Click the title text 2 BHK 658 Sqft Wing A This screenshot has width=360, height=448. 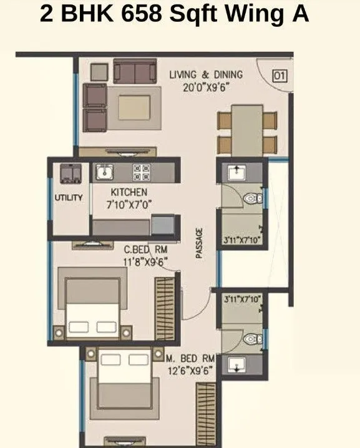coord(175,14)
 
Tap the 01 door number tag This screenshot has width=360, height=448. coord(280,75)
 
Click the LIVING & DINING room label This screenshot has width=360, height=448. coord(206,75)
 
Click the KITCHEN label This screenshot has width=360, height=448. coord(129,192)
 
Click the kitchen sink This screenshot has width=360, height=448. coord(104,171)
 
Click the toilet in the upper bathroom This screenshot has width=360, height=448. coord(253,198)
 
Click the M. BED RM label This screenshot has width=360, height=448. coord(191,359)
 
